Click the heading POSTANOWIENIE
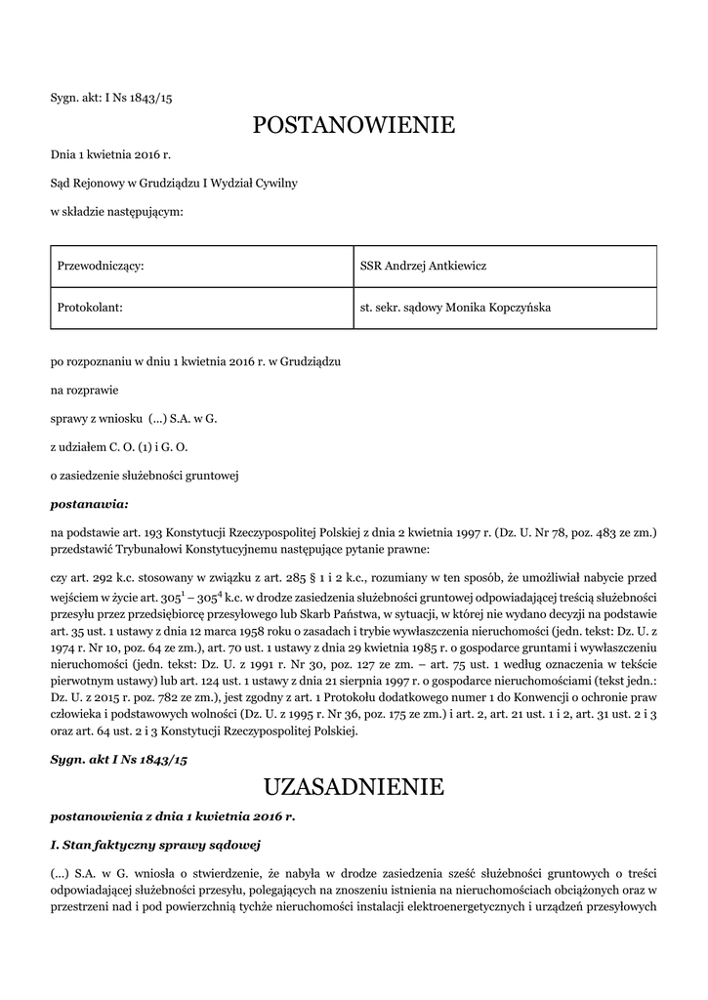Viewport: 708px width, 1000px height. (x=354, y=125)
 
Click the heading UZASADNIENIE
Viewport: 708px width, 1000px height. (x=354, y=786)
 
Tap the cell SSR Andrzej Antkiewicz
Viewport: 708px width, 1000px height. (x=423, y=267)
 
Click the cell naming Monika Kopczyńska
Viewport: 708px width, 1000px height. (x=455, y=308)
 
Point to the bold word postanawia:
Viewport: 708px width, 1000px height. (x=89, y=504)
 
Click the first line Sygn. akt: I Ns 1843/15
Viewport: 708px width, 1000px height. (x=110, y=98)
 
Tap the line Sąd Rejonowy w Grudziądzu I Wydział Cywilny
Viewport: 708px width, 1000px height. (x=174, y=183)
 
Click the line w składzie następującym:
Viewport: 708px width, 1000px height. (x=116, y=210)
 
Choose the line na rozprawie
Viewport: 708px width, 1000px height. (x=84, y=391)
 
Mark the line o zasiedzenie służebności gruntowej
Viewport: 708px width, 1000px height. (x=145, y=476)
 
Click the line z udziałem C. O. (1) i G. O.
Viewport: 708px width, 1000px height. (x=119, y=447)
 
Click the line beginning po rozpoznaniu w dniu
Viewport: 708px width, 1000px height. (x=195, y=362)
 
